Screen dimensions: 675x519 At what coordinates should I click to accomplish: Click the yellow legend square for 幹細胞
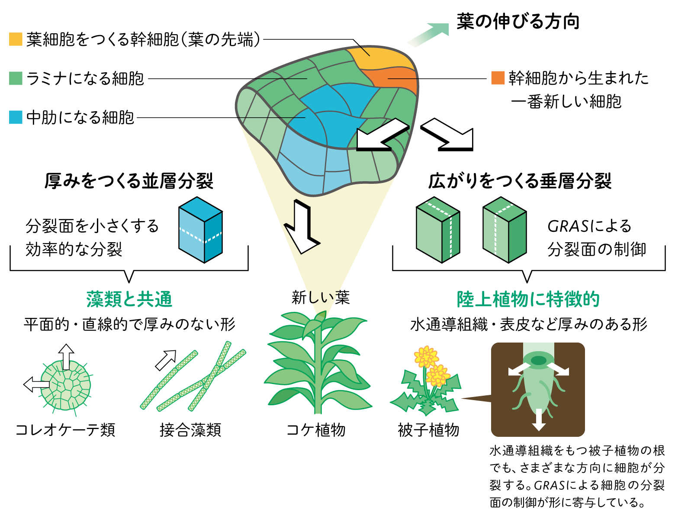point(16,39)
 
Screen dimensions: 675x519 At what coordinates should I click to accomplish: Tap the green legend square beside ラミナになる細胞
point(16,78)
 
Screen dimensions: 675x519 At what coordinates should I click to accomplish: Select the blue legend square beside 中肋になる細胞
point(16,117)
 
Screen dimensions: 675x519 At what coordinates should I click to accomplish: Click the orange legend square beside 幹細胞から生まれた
point(498,77)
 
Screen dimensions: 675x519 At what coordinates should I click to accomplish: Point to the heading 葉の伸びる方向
point(518,21)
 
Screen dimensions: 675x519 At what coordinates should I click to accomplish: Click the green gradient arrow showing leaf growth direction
point(428,35)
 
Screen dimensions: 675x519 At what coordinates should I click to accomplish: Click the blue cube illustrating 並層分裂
point(200,230)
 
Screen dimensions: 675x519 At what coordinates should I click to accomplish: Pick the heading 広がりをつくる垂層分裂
point(520,181)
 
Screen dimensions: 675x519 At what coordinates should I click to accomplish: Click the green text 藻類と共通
point(129,299)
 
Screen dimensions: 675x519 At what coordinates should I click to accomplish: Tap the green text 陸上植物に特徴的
point(528,299)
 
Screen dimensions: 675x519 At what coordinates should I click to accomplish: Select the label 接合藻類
point(190,430)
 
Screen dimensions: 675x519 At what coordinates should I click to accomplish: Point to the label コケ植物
point(316,430)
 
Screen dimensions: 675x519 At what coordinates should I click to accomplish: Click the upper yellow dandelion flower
point(426,356)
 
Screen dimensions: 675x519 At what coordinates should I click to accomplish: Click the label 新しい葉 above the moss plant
point(320,298)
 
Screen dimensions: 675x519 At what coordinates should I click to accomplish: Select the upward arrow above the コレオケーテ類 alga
point(66,357)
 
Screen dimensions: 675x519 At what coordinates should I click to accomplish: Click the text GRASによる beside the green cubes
point(589,226)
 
